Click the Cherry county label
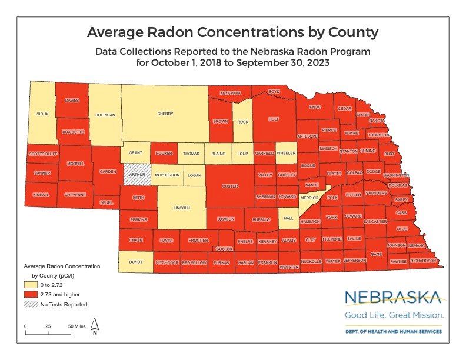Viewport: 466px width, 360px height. pos(165,114)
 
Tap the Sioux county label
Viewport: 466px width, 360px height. pos(42,114)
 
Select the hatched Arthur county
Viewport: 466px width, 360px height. pos(137,174)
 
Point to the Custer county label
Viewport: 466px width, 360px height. pos(229,186)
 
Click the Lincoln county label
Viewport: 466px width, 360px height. pos(182,208)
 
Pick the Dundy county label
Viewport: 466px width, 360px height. pos(136,262)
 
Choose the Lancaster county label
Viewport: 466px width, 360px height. pos(375,221)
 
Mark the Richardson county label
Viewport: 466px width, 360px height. pos(423,260)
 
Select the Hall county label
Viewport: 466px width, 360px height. pos(288,218)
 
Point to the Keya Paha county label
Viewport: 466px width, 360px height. pos(231,93)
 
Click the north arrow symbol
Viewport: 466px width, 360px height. pos(95,325)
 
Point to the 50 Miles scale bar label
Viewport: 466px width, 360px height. pos(76,326)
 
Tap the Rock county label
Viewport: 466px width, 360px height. pos(243,122)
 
